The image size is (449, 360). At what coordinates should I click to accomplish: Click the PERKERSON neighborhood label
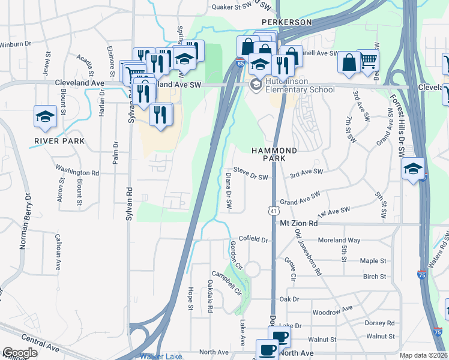(287, 22)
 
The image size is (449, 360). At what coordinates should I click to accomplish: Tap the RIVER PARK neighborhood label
(59, 141)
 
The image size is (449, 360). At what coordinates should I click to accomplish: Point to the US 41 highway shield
(273, 211)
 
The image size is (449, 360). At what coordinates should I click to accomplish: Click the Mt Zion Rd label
(307, 223)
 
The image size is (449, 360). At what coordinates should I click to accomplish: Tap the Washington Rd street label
(77, 172)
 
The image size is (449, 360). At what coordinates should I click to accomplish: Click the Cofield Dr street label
(253, 239)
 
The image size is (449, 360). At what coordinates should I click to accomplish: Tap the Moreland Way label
(339, 240)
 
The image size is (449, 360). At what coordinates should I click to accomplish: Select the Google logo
(20, 353)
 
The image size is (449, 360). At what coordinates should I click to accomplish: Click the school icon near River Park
(45, 116)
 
